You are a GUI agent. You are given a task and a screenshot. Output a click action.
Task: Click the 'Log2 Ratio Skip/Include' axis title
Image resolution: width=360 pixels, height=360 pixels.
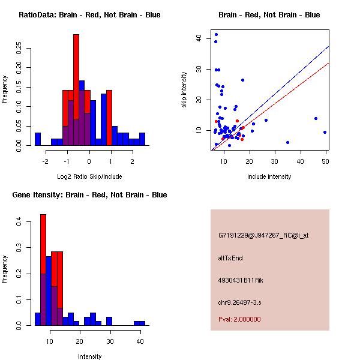(x=89, y=176)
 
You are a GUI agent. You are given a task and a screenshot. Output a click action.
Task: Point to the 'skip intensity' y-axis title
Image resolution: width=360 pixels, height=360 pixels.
(x=185, y=90)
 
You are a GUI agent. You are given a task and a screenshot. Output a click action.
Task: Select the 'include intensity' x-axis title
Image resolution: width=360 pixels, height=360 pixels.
(x=269, y=176)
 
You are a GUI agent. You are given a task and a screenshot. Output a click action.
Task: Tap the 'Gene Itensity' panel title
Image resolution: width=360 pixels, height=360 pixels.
(x=89, y=195)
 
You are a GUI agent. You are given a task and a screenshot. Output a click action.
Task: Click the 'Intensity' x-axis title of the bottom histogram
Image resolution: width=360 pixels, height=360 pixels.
(x=89, y=356)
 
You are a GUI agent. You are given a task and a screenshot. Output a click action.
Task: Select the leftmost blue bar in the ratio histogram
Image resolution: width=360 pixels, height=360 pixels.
(x=38, y=139)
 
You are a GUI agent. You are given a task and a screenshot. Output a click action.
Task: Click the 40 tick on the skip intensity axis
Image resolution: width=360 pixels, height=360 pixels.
(x=198, y=38)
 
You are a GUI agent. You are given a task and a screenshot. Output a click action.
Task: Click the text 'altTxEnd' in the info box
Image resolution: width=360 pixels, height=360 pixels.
(x=230, y=258)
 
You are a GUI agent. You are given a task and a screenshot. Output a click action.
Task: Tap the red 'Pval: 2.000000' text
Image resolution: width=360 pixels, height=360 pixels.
(x=239, y=319)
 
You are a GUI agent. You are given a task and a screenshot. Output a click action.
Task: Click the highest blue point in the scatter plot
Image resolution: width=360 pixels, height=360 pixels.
(x=216, y=34)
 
